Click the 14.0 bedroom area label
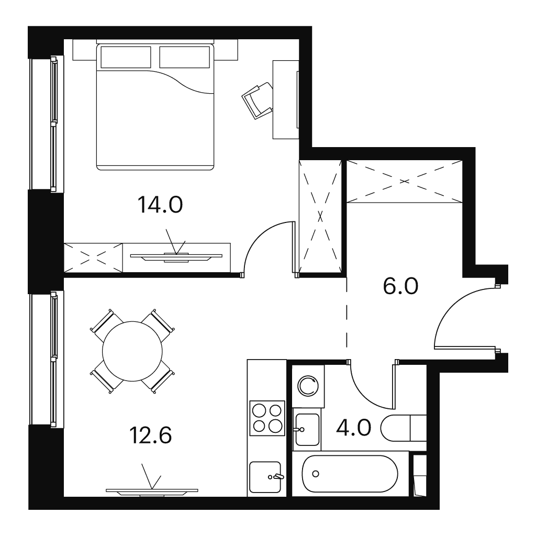click(160, 205)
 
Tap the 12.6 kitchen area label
click(150, 435)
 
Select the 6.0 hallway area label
click(400, 286)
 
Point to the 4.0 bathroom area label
click(353, 428)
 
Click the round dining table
click(132, 351)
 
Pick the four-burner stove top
click(267, 418)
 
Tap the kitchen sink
click(265, 476)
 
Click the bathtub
click(350, 474)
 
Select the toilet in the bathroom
click(404, 428)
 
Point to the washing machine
click(308, 386)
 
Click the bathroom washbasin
click(307, 429)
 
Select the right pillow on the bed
click(184, 57)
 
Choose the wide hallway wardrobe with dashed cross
click(405, 181)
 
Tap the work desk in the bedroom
click(286, 99)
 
